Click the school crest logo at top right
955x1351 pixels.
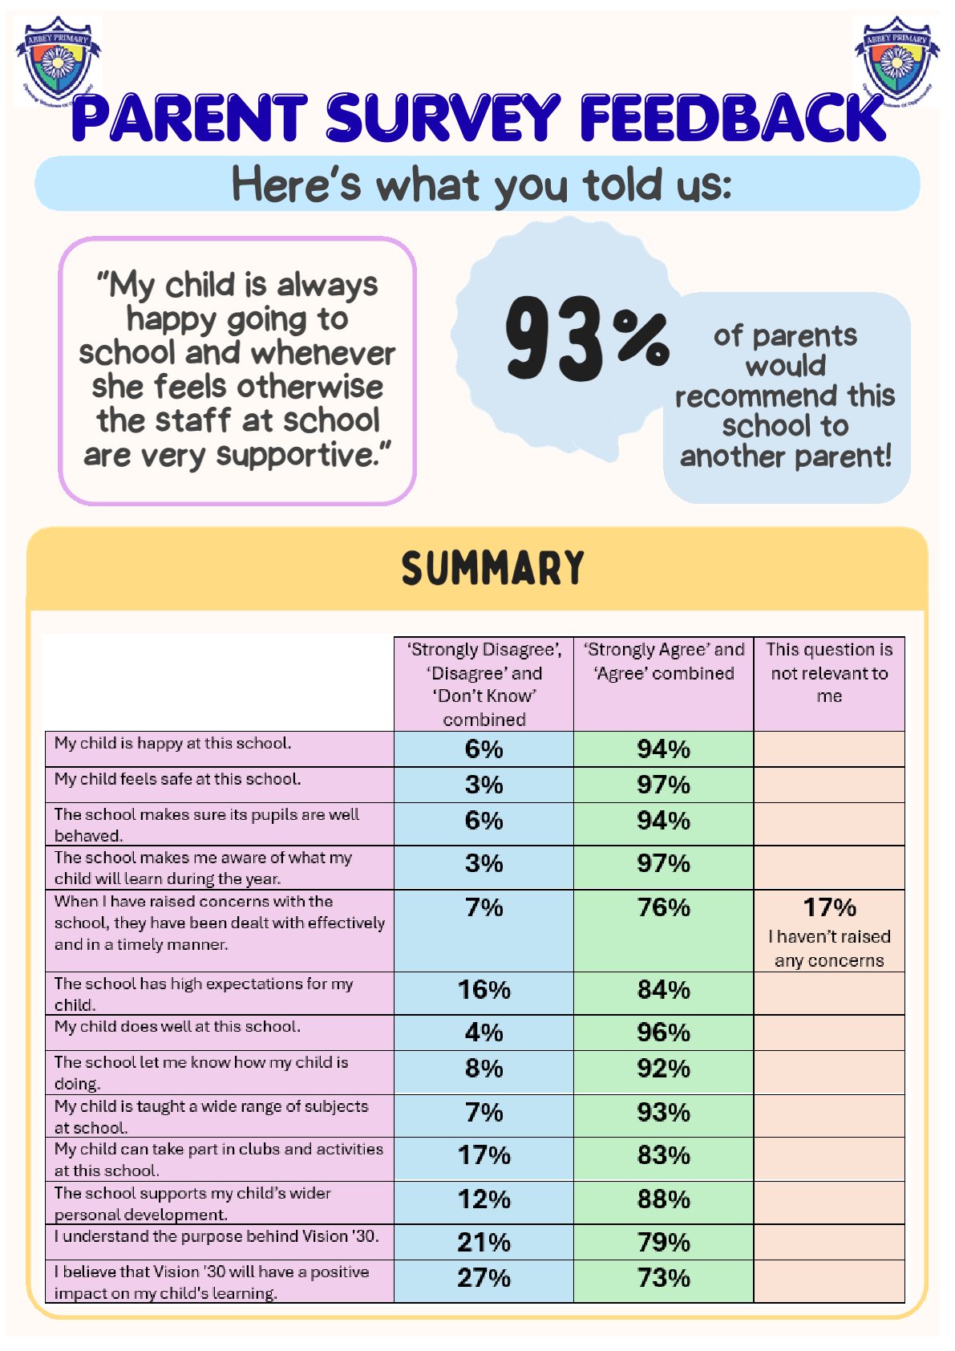tap(896, 61)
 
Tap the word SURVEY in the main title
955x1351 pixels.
tap(443, 118)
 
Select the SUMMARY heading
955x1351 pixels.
tap(492, 568)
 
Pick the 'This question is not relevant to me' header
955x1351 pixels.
tap(829, 672)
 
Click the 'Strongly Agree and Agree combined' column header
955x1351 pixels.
tap(664, 661)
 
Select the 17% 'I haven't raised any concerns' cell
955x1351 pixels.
tap(829, 931)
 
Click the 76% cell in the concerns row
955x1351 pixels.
tap(664, 907)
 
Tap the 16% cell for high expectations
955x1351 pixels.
tap(484, 990)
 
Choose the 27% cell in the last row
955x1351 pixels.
tap(484, 1278)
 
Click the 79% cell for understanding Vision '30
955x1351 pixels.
tap(664, 1243)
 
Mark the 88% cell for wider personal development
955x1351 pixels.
tap(664, 1199)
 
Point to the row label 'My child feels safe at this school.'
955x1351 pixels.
tap(178, 779)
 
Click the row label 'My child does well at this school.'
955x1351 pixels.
tap(178, 1027)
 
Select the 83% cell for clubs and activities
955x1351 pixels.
tap(664, 1155)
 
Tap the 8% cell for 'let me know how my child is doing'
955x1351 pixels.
tap(484, 1069)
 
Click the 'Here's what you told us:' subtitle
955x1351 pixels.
tap(481, 185)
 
